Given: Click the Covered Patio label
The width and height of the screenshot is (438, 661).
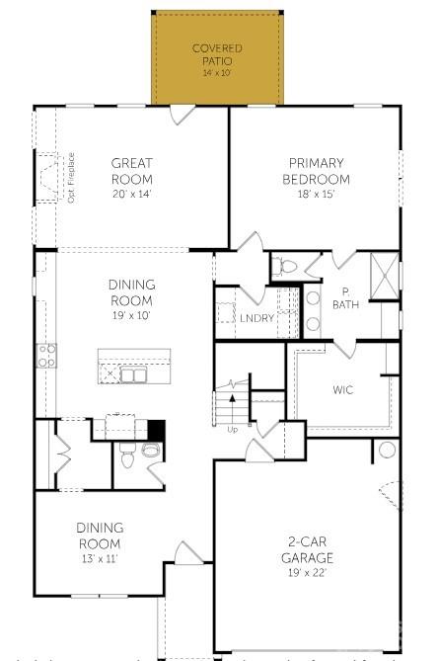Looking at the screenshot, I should pyautogui.click(x=216, y=53).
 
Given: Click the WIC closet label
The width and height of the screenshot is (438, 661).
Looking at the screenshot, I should pyautogui.click(x=342, y=389).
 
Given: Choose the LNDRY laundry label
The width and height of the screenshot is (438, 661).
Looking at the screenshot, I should pyautogui.click(x=256, y=318).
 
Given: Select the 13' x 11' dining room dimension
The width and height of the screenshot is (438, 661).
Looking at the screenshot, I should pyautogui.click(x=98, y=559).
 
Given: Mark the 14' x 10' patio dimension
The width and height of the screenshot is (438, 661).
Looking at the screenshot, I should pyautogui.click(x=216, y=73).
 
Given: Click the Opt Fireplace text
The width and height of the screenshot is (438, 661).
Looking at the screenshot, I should pyautogui.click(x=72, y=178).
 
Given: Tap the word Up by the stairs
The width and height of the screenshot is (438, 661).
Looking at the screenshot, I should pyautogui.click(x=233, y=430).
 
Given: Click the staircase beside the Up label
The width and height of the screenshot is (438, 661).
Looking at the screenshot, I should pyautogui.click(x=233, y=406).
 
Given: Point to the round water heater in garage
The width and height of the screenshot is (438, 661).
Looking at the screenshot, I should pyautogui.click(x=387, y=452).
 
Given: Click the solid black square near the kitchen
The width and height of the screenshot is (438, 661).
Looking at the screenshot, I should pyautogui.click(x=155, y=430).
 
